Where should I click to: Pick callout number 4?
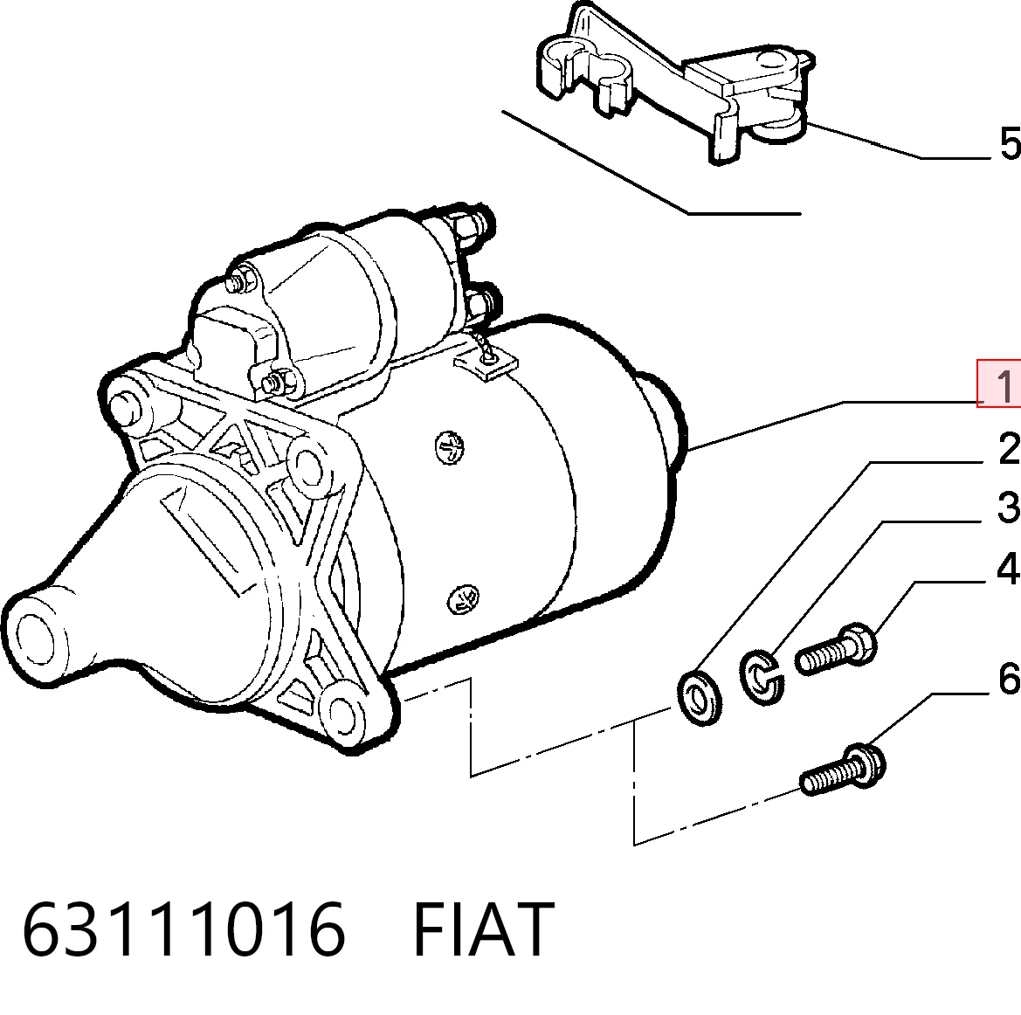(1009, 568)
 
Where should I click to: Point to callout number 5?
(1011, 143)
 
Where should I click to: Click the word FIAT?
(483, 929)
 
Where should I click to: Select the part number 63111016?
(183, 929)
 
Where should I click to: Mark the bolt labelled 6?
(843, 770)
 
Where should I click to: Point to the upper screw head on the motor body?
(450, 447)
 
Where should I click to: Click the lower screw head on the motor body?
(463, 599)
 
